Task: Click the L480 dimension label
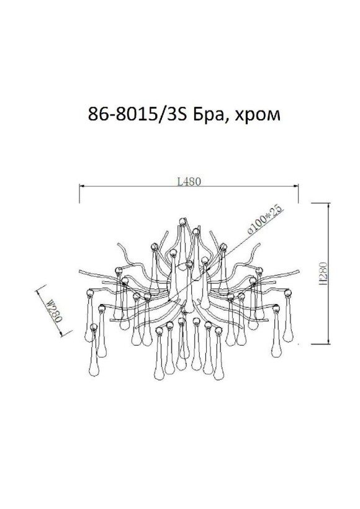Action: click(189, 182)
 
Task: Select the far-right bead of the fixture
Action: click(287, 291)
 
